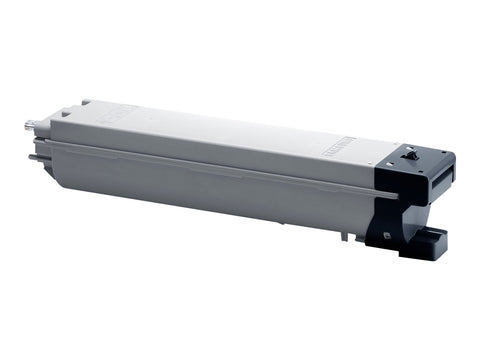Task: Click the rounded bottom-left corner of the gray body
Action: pyautogui.click(x=62, y=180)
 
